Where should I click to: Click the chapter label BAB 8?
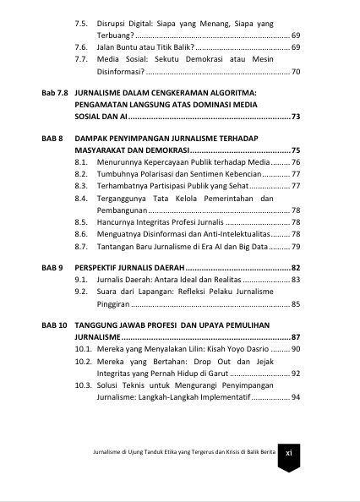[x=52, y=137]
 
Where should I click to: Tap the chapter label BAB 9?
[x=52, y=267]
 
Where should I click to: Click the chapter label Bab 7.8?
[x=55, y=90]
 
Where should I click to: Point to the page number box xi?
[x=288, y=452]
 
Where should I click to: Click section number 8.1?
[x=82, y=161]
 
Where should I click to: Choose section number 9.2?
[x=82, y=291]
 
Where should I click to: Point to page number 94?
[x=295, y=396]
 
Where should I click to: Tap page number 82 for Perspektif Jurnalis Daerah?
[x=295, y=267]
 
